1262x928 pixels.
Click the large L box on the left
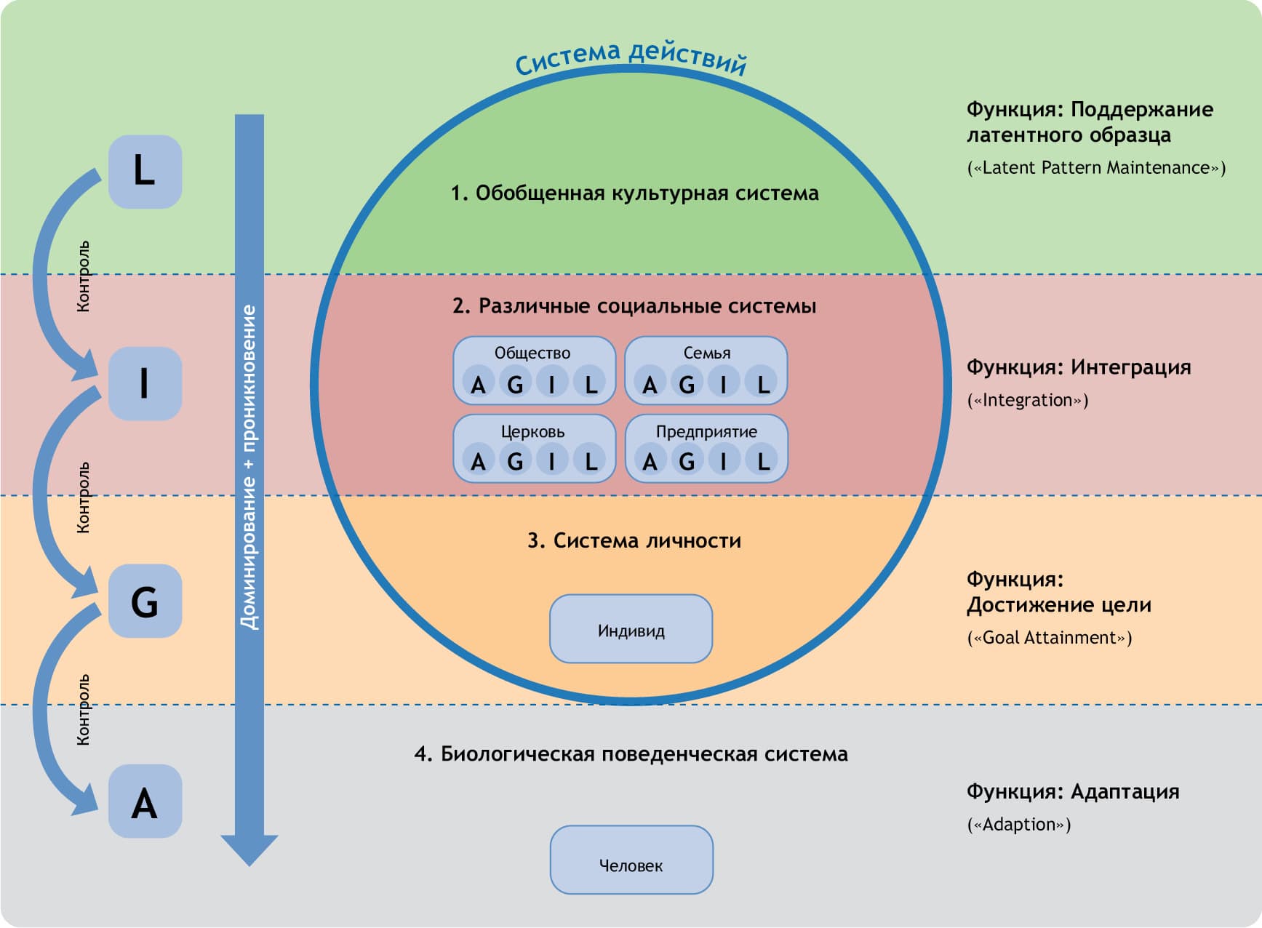click(x=145, y=172)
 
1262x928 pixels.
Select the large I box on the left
click(x=145, y=383)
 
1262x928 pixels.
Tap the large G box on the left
click(x=145, y=601)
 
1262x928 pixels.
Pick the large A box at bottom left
click(x=145, y=801)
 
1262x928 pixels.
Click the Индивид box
click(x=631, y=629)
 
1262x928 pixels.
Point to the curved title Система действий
click(x=631, y=57)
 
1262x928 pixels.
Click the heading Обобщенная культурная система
click(x=634, y=193)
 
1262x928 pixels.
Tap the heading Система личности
click(x=634, y=540)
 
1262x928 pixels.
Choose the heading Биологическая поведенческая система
click(x=631, y=754)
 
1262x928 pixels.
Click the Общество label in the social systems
click(x=532, y=353)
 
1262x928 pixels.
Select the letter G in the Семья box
click(x=687, y=383)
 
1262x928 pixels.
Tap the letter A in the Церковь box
click(x=478, y=461)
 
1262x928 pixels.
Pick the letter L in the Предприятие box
click(x=762, y=461)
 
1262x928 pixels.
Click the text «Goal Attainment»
click(x=1049, y=638)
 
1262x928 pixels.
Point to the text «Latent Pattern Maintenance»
click(x=1096, y=168)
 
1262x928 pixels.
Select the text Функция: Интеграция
click(x=1078, y=367)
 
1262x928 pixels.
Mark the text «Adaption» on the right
click(x=1018, y=825)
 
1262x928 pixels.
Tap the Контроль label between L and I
click(x=84, y=277)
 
